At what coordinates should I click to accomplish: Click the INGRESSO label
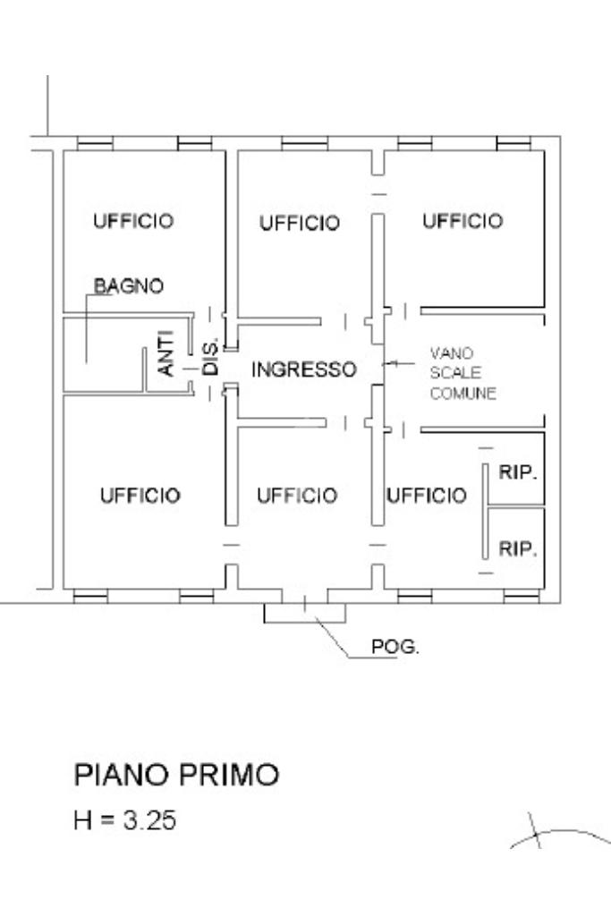304,369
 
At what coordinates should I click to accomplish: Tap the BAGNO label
129,286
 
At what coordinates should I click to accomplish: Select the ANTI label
166,353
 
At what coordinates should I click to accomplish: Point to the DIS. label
210,356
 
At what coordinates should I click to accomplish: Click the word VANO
452,353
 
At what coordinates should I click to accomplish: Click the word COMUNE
463,393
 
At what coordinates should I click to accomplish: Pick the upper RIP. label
517,472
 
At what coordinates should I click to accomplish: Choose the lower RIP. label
517,548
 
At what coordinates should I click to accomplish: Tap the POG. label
395,647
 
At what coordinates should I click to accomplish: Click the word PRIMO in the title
229,775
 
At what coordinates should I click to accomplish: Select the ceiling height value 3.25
149,819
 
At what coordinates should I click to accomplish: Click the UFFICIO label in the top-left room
133,221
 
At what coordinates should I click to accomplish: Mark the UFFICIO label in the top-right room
462,221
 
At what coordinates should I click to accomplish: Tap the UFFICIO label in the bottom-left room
140,496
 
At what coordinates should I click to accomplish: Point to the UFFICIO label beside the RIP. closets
427,496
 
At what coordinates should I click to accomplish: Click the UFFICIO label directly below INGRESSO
297,496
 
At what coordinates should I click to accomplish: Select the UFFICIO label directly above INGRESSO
300,223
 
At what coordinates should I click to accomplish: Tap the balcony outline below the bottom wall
305,623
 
